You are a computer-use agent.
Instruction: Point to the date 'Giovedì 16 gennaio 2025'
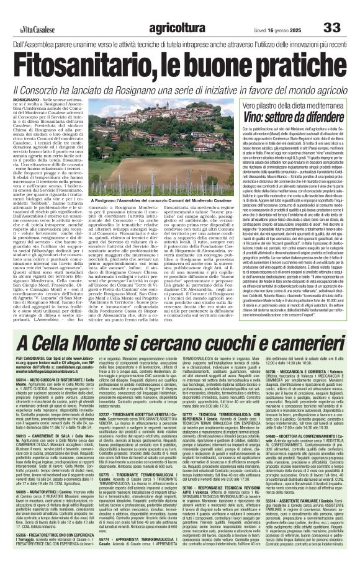[279, 12]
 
